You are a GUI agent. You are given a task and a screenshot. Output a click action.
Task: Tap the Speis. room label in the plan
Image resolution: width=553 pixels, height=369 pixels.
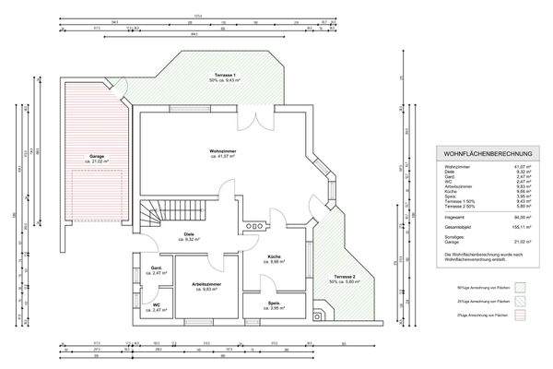[x=274, y=304]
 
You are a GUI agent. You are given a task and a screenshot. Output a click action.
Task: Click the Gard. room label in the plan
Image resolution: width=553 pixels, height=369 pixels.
[x=157, y=270]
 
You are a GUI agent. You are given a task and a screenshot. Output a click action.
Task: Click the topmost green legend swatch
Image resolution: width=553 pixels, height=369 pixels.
[x=519, y=287]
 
